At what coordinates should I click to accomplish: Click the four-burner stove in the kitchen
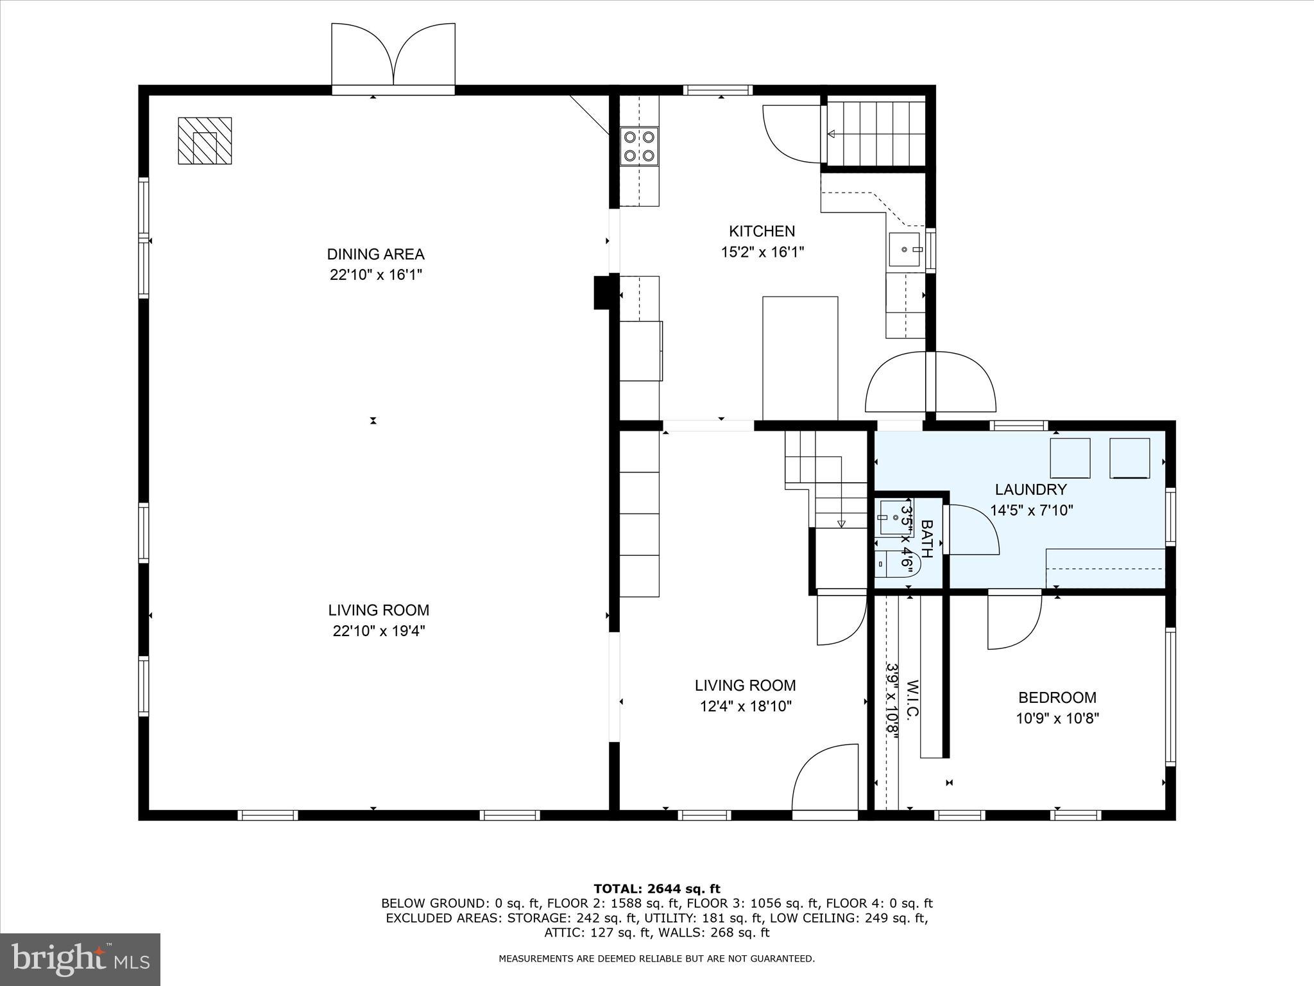tap(640, 146)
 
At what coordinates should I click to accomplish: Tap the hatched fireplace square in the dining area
tap(205, 141)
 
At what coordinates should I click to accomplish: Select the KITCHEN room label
tap(762, 231)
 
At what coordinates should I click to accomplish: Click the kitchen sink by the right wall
tap(905, 250)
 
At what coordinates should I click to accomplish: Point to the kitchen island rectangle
tap(799, 358)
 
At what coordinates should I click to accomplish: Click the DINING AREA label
tap(375, 254)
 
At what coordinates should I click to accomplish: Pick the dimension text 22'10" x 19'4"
tap(379, 631)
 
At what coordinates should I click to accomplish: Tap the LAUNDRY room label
tap(1030, 490)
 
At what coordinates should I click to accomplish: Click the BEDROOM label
tap(1057, 697)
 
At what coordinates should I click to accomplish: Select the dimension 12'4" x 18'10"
tap(746, 707)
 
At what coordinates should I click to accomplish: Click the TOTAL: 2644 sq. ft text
tap(656, 889)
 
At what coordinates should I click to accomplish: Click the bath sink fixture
tap(892, 517)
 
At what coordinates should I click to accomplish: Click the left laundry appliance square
tap(1070, 458)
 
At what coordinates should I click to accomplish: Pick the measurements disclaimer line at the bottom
tap(656, 959)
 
